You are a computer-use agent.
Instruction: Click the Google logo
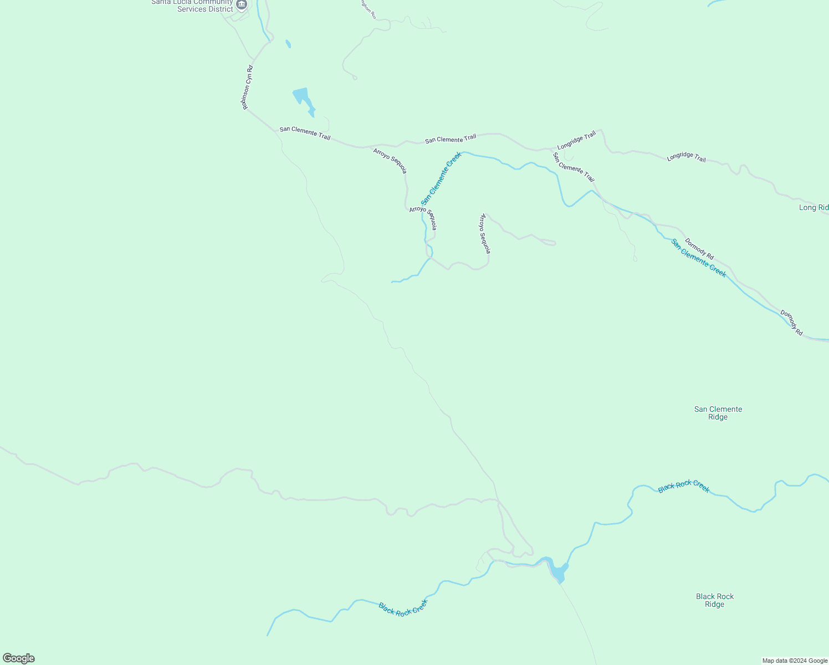tap(19, 658)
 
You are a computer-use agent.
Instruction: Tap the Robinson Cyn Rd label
tap(247, 88)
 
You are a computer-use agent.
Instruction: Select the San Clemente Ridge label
tap(718, 413)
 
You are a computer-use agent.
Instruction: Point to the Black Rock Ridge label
tap(714, 600)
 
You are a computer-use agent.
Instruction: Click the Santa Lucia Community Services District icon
tap(241, 5)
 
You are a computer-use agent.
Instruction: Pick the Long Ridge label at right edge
tap(813, 208)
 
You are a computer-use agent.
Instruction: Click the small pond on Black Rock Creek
tap(558, 571)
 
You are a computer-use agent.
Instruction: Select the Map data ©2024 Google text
tap(794, 661)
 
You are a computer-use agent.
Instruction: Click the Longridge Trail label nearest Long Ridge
tap(686, 157)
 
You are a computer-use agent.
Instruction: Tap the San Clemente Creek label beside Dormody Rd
tap(698, 258)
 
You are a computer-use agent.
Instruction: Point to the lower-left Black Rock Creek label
tap(403, 608)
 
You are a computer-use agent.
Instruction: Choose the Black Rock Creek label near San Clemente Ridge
tap(684, 486)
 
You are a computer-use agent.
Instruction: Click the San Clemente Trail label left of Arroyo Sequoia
tap(305, 133)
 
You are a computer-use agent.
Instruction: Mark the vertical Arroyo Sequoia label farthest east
tap(485, 233)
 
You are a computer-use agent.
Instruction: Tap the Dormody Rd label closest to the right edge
tap(791, 323)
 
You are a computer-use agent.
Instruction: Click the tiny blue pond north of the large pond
tap(288, 43)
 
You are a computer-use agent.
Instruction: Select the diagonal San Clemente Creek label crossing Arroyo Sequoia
tap(441, 178)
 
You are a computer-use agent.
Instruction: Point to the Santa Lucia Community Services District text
tap(192, 6)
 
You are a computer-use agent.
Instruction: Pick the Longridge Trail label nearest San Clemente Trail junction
tap(576, 140)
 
